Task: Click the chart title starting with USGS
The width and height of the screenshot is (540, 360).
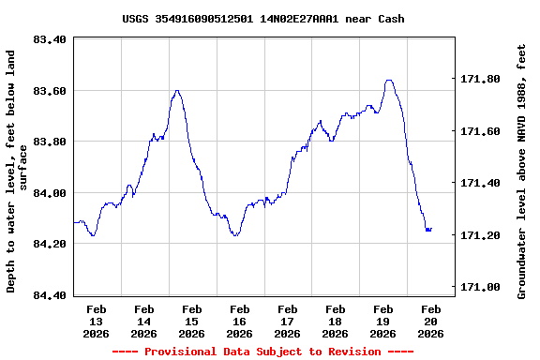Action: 263,19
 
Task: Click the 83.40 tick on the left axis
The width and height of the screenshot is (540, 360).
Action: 49,39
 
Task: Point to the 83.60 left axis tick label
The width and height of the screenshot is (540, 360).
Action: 49,91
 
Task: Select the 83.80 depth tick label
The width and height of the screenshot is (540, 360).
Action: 49,142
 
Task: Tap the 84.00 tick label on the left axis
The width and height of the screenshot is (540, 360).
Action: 49,193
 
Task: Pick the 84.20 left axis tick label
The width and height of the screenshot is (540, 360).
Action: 49,244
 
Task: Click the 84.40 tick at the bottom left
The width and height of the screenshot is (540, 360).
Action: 49,295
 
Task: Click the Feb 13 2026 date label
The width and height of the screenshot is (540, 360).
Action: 97,321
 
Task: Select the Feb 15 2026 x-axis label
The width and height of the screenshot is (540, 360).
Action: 192,321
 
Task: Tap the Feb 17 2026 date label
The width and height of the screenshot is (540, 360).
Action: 288,321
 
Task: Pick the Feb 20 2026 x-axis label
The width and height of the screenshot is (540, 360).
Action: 430,321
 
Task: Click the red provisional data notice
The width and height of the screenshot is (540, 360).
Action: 263,352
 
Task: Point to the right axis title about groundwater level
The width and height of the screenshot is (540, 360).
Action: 522,171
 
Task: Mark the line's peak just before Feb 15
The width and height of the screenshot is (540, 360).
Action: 177,91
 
